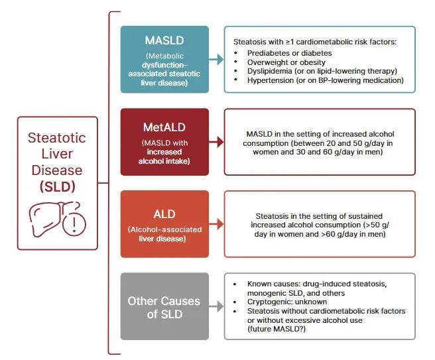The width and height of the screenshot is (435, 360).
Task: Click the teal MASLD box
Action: pyautogui.click(x=164, y=59)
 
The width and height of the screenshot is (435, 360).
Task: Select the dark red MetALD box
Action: pyautogui.click(x=164, y=141)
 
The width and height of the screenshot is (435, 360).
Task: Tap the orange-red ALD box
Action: pyautogui.click(x=164, y=223)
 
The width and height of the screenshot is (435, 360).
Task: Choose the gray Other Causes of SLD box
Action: pyautogui.click(x=164, y=306)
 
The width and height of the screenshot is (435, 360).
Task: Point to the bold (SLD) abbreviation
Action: pyautogui.click(x=57, y=186)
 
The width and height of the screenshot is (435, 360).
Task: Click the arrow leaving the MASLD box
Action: pyautogui.click(x=216, y=60)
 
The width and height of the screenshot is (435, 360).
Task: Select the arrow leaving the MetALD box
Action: pyautogui.click(x=216, y=142)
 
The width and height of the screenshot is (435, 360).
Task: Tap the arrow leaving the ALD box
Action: pyautogui.click(x=216, y=224)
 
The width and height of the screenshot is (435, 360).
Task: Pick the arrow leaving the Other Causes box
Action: pyautogui.click(x=216, y=306)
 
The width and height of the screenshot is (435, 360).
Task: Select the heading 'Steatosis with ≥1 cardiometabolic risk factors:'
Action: pyautogui.click(x=315, y=41)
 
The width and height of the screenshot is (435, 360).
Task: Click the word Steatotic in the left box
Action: pyautogui.click(x=57, y=138)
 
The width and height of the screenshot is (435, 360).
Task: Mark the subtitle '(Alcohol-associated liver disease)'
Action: pyautogui.click(x=164, y=234)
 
